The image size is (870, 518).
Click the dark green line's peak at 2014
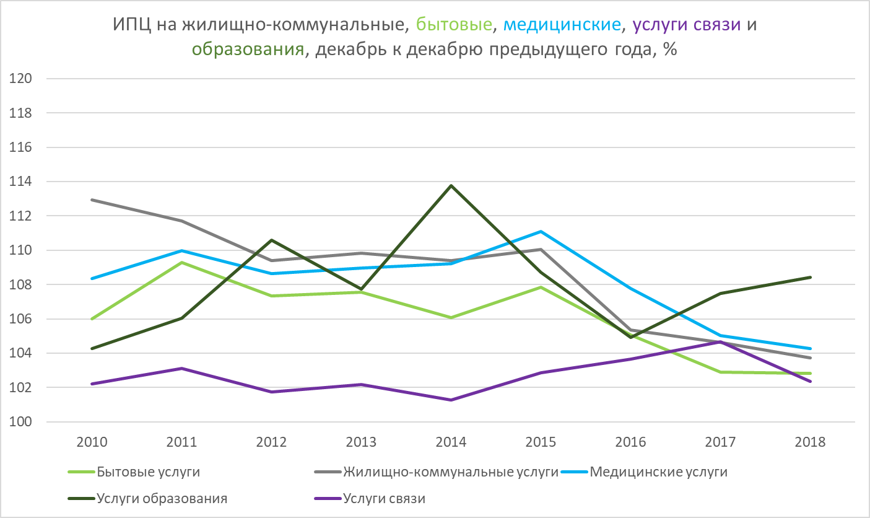click(451, 185)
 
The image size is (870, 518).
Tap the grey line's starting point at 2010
click(92, 200)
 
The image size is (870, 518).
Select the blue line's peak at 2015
click(541, 231)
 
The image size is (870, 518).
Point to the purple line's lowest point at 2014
click(451, 400)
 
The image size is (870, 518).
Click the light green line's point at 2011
click(181, 262)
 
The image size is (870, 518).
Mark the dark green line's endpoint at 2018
click(811, 277)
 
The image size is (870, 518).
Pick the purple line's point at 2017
click(721, 341)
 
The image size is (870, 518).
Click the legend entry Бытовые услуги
click(148, 472)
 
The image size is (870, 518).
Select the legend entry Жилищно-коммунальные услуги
click(451, 472)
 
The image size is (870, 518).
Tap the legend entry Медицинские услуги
click(658, 472)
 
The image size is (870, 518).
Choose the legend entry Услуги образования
click(162, 498)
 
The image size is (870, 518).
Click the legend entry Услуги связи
click(384, 498)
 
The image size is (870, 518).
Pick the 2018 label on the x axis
click(811, 442)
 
